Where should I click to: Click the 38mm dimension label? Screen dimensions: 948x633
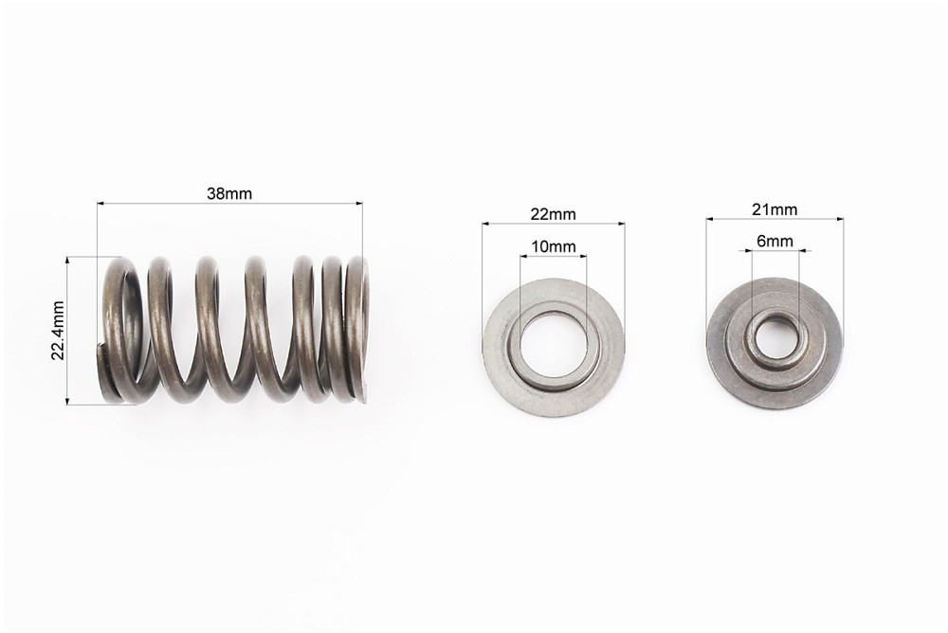[229, 193]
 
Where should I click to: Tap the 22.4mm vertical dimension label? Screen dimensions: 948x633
[58, 330]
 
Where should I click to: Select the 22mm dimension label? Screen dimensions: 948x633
[554, 214]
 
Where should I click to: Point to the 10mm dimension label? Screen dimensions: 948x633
[554, 246]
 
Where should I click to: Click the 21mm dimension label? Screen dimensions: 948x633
[775, 209]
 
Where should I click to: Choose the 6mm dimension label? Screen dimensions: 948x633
[775, 242]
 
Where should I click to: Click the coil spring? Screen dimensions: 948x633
[234, 330]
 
